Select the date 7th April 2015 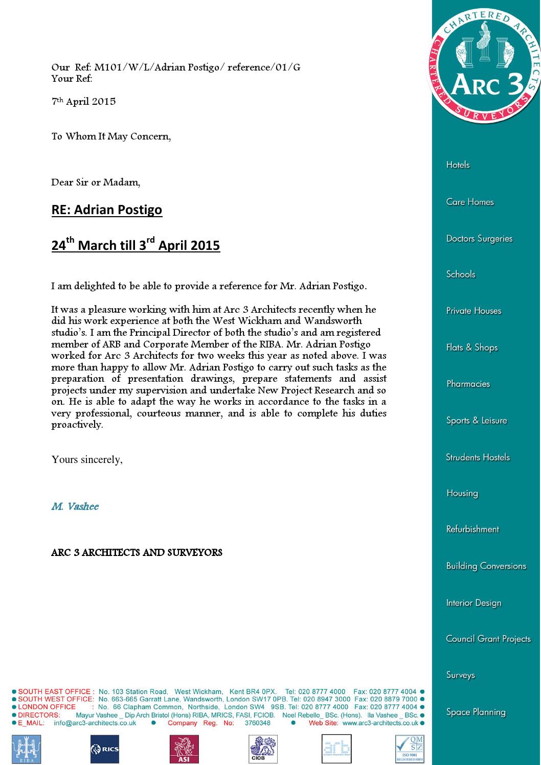click(83, 101)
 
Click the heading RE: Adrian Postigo click(106, 210)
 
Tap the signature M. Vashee click(75, 506)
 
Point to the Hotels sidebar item click(458, 165)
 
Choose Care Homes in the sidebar click(470, 202)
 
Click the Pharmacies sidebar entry click(468, 384)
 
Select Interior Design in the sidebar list click(474, 603)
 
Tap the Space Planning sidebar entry click(476, 712)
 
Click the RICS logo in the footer click(105, 749)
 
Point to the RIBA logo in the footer click(26, 749)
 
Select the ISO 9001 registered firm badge click(410, 749)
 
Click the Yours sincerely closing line click(87, 459)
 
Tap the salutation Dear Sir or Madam click(96, 182)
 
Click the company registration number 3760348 click(257, 723)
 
